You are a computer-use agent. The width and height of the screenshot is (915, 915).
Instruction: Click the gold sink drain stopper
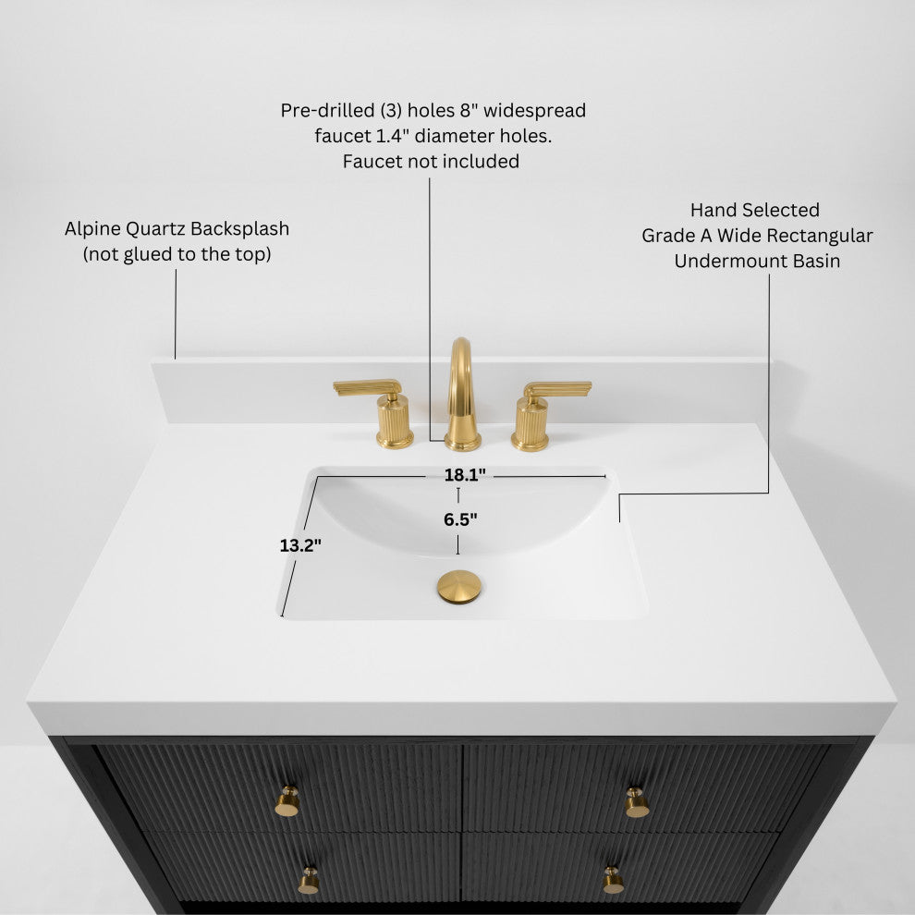point(459,587)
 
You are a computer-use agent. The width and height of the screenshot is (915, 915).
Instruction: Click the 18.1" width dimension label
point(464,475)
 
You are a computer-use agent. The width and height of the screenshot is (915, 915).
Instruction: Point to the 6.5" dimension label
point(460,519)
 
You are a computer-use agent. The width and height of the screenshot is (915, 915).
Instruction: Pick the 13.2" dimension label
point(300,545)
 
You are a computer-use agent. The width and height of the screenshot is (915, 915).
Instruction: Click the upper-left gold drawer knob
point(288,801)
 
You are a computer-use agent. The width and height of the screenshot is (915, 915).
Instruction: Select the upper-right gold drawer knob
point(637,801)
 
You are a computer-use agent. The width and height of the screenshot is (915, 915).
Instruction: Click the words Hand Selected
point(755,211)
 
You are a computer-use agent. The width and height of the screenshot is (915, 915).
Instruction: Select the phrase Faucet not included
point(431,162)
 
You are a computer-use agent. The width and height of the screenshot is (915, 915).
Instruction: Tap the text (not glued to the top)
point(177,254)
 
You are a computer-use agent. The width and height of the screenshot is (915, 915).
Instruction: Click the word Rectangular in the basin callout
point(819,236)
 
